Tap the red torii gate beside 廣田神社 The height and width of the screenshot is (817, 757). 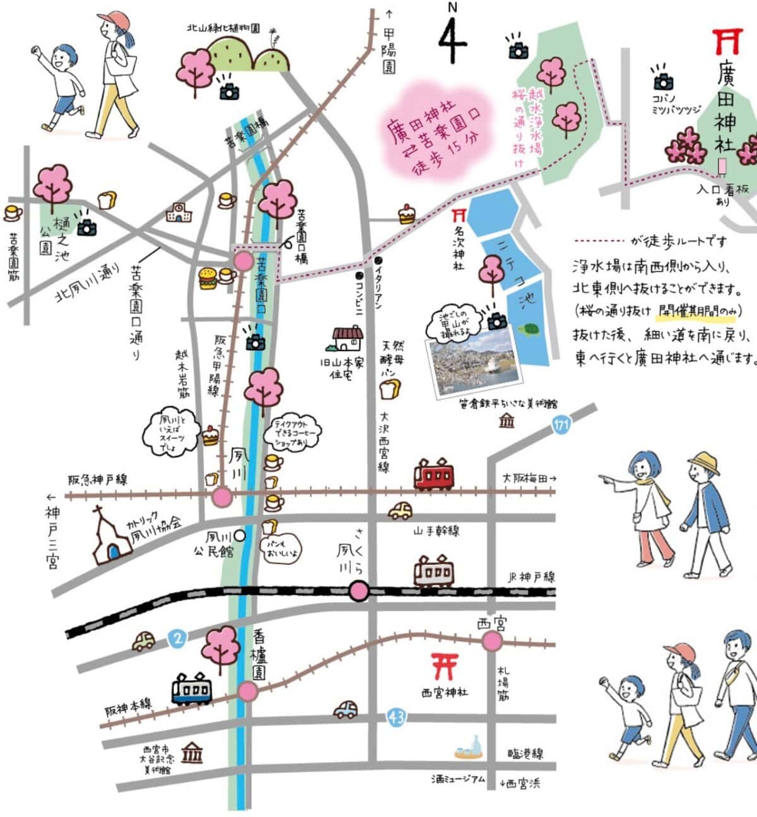point(725,42)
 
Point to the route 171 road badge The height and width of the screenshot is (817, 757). point(560,425)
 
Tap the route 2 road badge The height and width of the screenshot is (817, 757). point(178,639)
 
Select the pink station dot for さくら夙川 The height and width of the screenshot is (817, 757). point(359,591)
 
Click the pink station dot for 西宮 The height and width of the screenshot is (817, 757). point(492,642)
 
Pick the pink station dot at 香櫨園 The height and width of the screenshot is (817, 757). point(248,692)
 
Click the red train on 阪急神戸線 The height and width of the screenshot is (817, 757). point(433,474)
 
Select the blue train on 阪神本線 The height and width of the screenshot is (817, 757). point(192,689)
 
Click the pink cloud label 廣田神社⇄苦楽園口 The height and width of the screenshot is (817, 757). point(432,135)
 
